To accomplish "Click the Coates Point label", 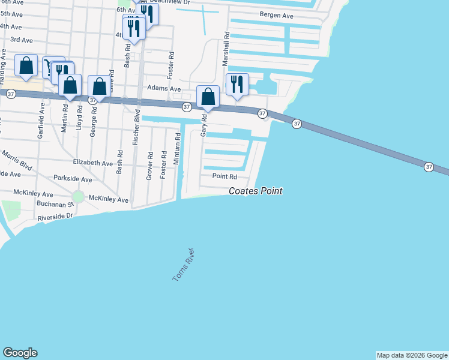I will [255, 191].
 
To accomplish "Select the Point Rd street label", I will [224, 176].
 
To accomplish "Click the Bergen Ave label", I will [276, 15].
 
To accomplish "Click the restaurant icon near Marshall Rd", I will [237, 85].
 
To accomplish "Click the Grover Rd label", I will [149, 165].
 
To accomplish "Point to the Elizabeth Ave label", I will [92, 163].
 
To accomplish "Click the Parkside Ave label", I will [73, 179].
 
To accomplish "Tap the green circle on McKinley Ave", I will [77, 197].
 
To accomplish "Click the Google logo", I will [20, 352].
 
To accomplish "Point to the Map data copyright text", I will [412, 355].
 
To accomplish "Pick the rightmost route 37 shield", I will [429, 166].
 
